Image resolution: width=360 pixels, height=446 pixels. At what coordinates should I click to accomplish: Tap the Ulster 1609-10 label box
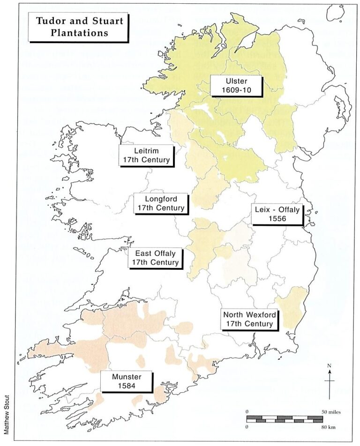[x=236, y=86]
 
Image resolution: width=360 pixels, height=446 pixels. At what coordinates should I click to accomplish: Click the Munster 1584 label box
[x=127, y=381]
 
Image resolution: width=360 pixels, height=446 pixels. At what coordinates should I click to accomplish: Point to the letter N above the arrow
[x=330, y=365]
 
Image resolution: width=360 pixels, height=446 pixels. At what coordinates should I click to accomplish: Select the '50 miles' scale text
[x=331, y=411]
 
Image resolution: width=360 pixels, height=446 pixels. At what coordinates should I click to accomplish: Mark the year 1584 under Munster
[x=127, y=386]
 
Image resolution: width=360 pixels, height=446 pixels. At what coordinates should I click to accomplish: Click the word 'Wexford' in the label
[x=259, y=314]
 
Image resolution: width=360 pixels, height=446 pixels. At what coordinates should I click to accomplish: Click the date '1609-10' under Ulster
[x=236, y=91]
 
